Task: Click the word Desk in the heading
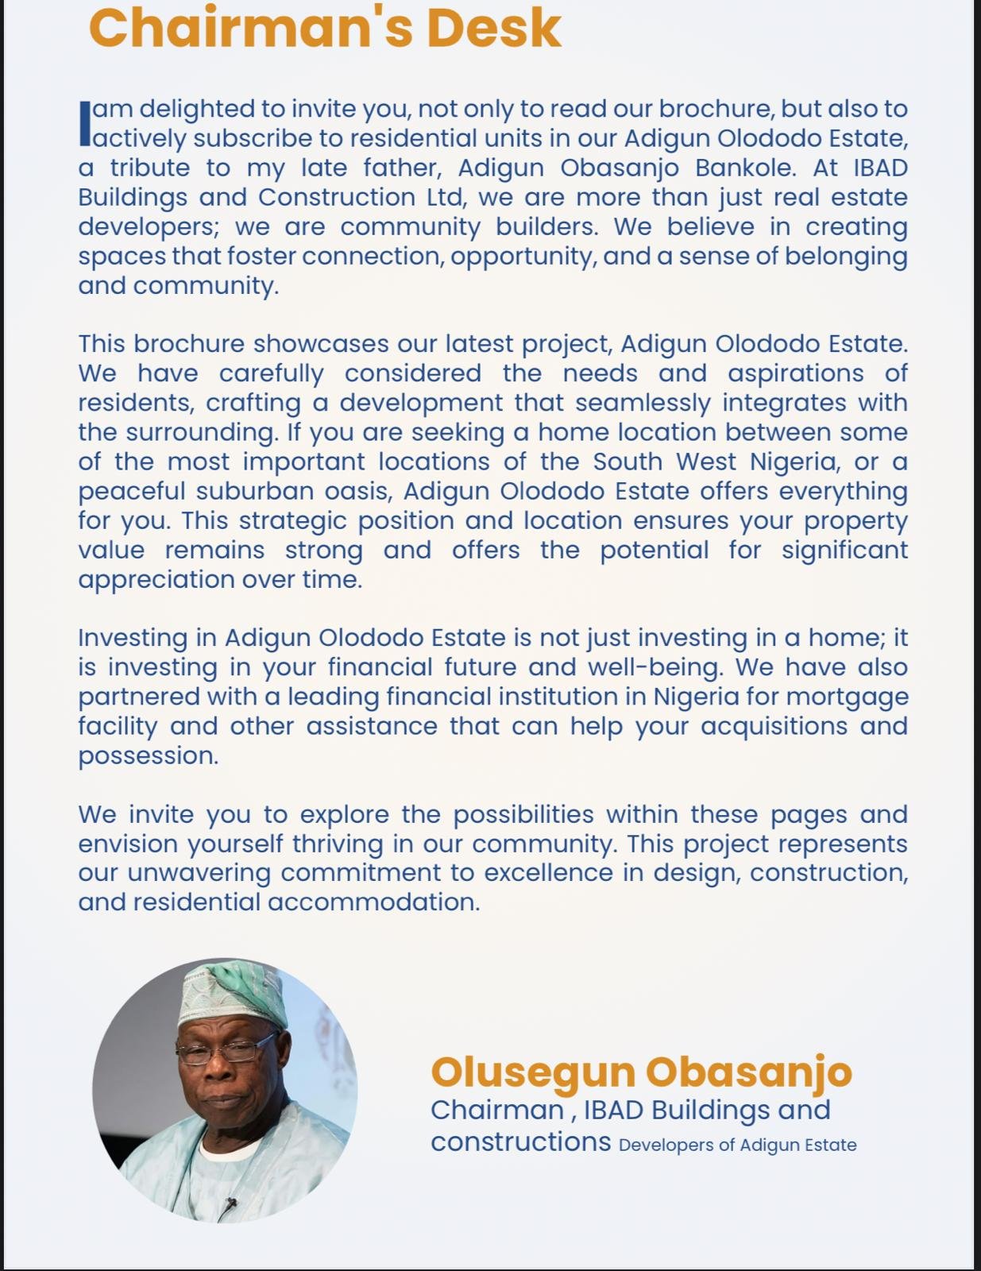pos(493,29)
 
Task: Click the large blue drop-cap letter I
pos(85,123)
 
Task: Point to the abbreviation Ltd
pos(438,197)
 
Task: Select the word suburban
pos(255,491)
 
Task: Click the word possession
pos(148,755)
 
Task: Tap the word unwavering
pos(199,873)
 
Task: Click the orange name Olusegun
pos(532,1072)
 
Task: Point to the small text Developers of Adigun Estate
pos(737,1145)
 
